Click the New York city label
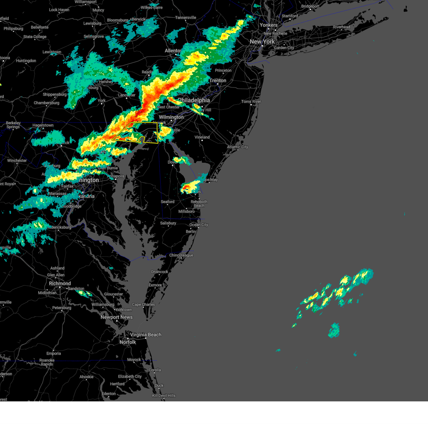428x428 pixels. pyautogui.click(x=262, y=42)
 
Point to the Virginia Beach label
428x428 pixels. pyautogui.click(x=146, y=335)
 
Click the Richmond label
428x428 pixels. pyautogui.click(x=60, y=283)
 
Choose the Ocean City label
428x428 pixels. pyautogui.click(x=199, y=225)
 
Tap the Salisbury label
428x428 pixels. pyautogui.click(x=168, y=223)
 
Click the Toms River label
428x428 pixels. pyautogui.click(x=251, y=102)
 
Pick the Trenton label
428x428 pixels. pyautogui.click(x=218, y=81)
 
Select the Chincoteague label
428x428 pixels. pyautogui.click(x=181, y=255)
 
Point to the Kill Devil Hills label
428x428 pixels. pyautogui.click(x=164, y=396)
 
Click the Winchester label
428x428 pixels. pyautogui.click(x=17, y=160)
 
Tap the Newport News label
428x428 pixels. pyautogui.click(x=116, y=317)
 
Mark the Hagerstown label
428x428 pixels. pyautogui.click(x=43, y=125)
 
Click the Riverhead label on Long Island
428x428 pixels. pyautogui.click(x=341, y=27)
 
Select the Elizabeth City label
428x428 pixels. pyautogui.click(x=130, y=376)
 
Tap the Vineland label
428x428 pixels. pyautogui.click(x=202, y=137)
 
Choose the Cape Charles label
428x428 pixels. pyautogui.click(x=143, y=305)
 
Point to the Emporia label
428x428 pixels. pyautogui.click(x=53, y=353)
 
